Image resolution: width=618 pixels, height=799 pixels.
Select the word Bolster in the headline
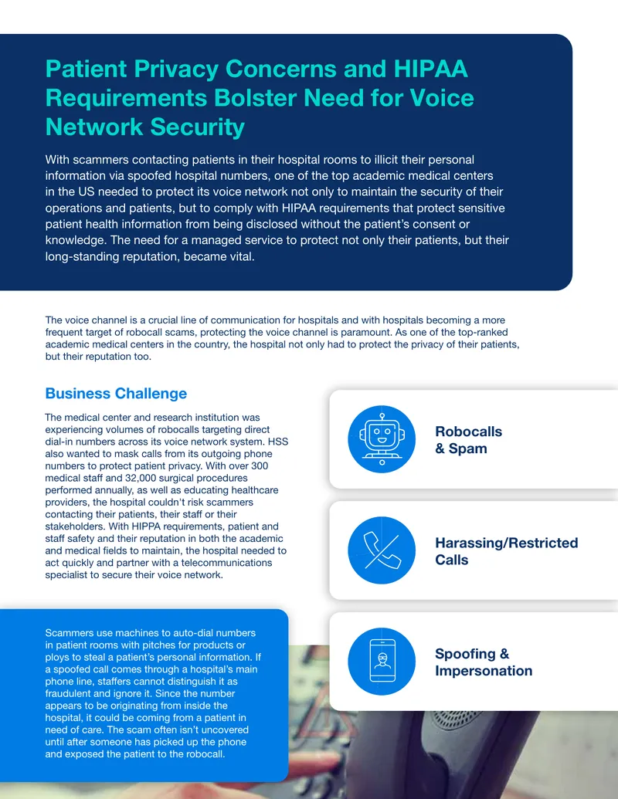tap(256, 97)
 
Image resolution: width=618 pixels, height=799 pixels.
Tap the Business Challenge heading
tap(116, 394)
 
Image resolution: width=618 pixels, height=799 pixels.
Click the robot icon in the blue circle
tap(382, 438)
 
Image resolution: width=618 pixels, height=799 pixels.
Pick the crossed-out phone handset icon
tap(382, 550)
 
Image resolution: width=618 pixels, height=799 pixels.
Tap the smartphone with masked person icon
tap(382, 661)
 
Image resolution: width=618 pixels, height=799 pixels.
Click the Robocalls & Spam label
tap(469, 440)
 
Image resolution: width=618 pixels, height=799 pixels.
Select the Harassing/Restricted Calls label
tap(506, 551)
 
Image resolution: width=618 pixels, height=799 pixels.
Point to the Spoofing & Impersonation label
tap(484, 662)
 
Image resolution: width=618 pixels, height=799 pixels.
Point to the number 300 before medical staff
tap(260, 466)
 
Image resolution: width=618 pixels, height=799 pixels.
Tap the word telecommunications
tap(226, 563)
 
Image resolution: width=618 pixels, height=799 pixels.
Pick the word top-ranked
tap(483, 332)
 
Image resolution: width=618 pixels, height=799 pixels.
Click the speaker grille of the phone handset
tap(450, 719)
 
